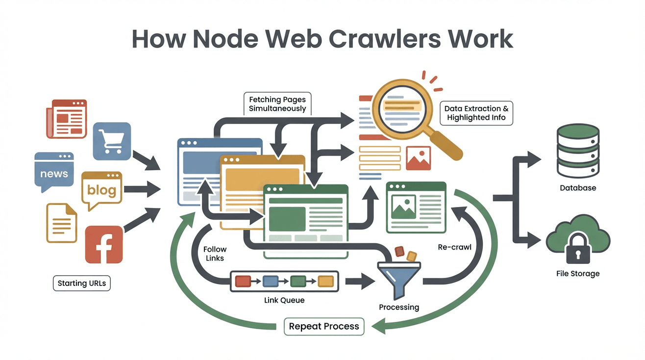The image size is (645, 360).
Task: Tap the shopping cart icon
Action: [x=112, y=141]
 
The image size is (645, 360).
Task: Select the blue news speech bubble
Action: [x=53, y=173]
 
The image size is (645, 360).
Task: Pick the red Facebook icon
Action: [x=103, y=245]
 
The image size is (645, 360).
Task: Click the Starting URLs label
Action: [x=81, y=283]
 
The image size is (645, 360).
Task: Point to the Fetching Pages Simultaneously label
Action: [x=277, y=103]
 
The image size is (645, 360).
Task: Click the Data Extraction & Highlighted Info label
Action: [x=476, y=113]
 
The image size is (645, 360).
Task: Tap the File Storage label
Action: [x=578, y=274]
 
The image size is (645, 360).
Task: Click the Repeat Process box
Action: [x=324, y=326]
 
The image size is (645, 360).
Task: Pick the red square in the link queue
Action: [x=243, y=281]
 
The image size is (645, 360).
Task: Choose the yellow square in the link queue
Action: [x=325, y=281]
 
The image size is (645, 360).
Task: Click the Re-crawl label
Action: [x=454, y=247]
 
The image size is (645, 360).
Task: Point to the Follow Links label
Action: [x=215, y=254]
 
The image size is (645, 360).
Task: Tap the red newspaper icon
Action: [x=67, y=118]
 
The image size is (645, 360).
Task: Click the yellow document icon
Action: [x=62, y=223]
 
